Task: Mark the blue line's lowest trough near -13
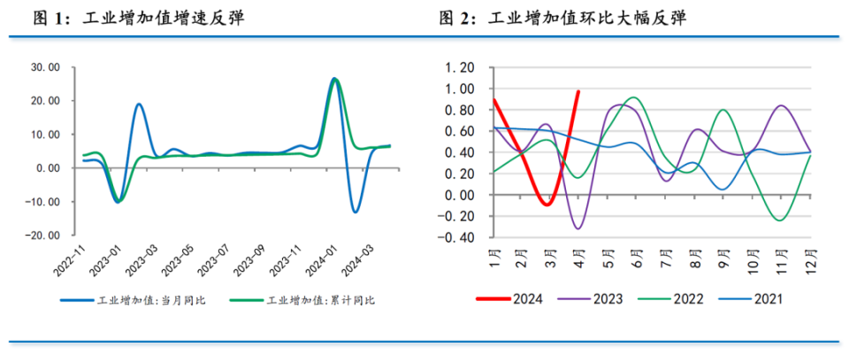click(355, 212)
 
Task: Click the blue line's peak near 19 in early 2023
click(139, 104)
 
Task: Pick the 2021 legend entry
click(751, 298)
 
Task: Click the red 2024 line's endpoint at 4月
click(578, 91)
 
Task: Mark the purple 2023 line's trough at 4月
click(578, 228)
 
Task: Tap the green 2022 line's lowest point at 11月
click(780, 220)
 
